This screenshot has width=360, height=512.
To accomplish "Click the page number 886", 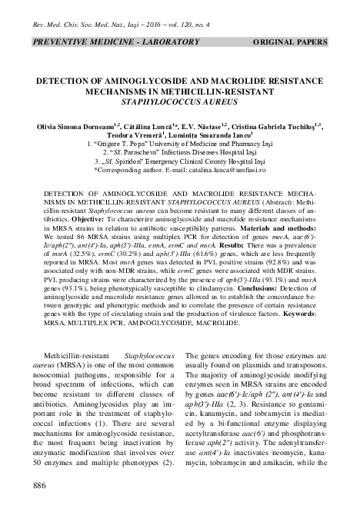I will point(35,485).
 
